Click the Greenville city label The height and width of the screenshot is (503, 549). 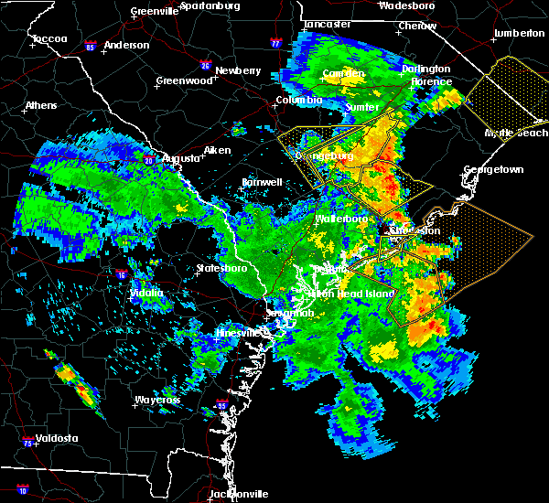(153, 12)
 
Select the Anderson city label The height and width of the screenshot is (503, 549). (127, 45)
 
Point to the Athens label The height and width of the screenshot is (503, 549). (41, 105)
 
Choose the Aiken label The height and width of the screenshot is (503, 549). (217, 150)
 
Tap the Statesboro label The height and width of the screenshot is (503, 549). (222, 269)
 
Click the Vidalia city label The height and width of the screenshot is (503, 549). (147, 293)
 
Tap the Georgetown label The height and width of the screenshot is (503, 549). (493, 170)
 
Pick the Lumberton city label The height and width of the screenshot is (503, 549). (519, 33)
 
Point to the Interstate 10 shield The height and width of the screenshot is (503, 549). (22, 490)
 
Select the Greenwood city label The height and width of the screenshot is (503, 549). (184, 80)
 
